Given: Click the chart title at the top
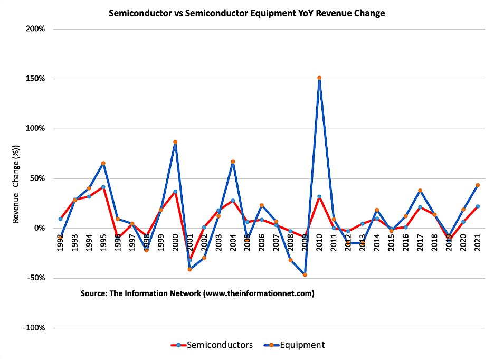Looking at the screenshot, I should click(246, 13).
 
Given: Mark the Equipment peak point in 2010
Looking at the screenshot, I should click(319, 78).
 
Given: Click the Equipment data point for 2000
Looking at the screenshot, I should click(175, 142).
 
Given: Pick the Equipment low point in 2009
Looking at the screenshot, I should click(305, 274).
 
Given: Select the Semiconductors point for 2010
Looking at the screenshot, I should click(319, 197).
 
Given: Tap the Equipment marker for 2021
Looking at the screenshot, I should click(478, 185).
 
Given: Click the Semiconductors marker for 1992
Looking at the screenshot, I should click(61, 219).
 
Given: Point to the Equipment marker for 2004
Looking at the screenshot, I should click(233, 162).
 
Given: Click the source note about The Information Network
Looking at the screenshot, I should click(197, 293).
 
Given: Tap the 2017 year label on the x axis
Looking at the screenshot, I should click(420, 242).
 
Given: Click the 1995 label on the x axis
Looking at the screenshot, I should click(103, 242).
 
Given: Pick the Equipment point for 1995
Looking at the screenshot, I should click(103, 164).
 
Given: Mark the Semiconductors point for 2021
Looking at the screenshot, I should click(478, 206).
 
